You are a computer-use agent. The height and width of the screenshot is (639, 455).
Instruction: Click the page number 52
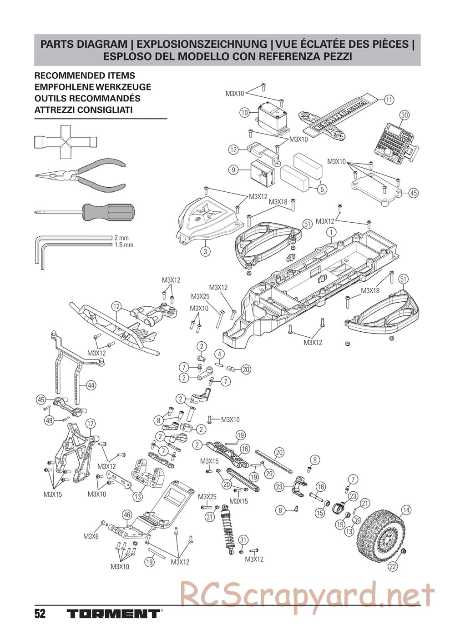pyautogui.click(x=40, y=614)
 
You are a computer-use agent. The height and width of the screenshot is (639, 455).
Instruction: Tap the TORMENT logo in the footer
pyautogui.click(x=113, y=614)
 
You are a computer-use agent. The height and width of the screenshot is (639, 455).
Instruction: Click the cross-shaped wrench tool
pyautogui.click(x=64, y=142)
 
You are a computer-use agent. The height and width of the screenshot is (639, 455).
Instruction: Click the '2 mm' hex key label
pyautogui.click(x=121, y=237)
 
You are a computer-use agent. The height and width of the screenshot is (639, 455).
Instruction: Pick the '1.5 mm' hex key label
pyautogui.click(x=124, y=245)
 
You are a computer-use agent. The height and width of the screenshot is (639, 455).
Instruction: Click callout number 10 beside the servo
pyautogui.click(x=244, y=112)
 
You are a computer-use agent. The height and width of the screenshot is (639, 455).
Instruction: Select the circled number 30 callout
pyautogui.click(x=404, y=115)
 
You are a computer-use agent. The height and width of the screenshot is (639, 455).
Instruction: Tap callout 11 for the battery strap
pyautogui.click(x=388, y=100)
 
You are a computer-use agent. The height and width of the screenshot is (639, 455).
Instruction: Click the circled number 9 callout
pyautogui.click(x=233, y=170)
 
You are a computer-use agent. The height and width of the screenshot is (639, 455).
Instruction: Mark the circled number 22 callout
pyautogui.click(x=392, y=566)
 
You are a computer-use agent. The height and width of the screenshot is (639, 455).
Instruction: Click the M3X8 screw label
pyautogui.click(x=89, y=536)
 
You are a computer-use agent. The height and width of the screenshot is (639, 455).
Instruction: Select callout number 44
pyautogui.click(x=91, y=385)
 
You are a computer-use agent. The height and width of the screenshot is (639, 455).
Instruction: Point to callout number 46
pyautogui.click(x=127, y=515)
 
